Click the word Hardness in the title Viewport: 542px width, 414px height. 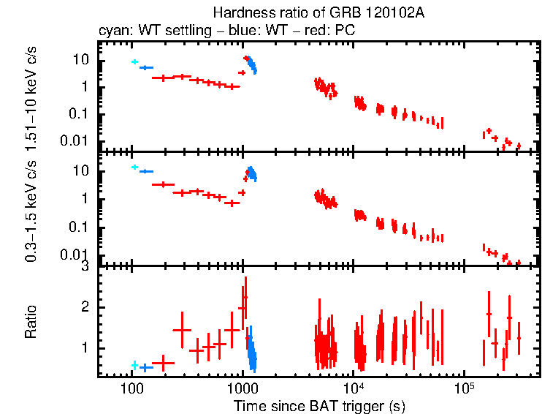tap(237, 12)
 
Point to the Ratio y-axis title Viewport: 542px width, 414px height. tap(31, 322)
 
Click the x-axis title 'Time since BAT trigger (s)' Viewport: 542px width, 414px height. tap(319, 405)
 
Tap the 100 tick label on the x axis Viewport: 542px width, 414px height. tap(131, 388)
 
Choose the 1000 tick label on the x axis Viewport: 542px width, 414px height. tap(242, 388)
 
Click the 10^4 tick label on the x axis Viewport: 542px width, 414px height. tap(353, 387)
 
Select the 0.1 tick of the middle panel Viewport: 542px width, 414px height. tap(87, 227)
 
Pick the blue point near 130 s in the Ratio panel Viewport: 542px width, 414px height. tap(145, 367)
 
